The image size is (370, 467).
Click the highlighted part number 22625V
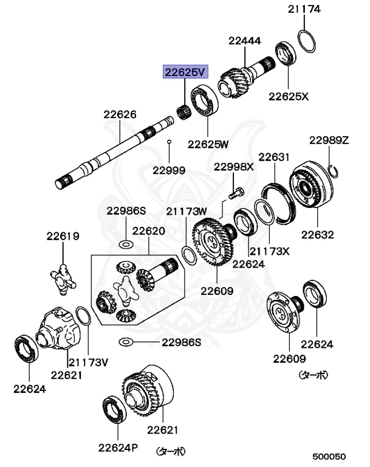pos(184,72)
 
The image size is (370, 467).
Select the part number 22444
pos(245,41)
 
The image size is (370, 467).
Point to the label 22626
pos(119,114)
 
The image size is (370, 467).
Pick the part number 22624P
pos(119,448)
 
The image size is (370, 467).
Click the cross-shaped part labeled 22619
pos(64,277)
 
